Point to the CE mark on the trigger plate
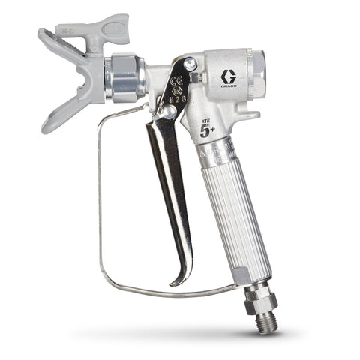pyautogui.click(x=178, y=82)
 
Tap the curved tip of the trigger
pyautogui.click(x=178, y=280)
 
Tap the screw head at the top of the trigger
pyautogui.click(x=190, y=64)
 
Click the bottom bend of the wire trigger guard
pyautogui.click(x=150, y=293)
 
